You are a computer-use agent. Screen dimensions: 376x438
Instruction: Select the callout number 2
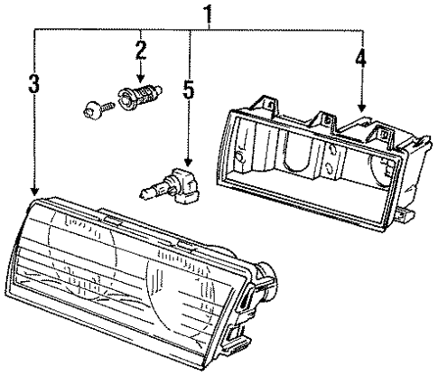[x=140, y=48]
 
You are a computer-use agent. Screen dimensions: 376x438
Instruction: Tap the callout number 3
[x=33, y=85]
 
